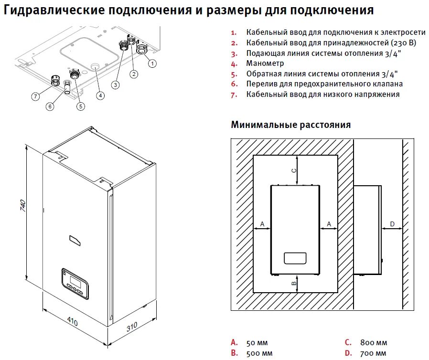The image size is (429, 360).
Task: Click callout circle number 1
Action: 152,63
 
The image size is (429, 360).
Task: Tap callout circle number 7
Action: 35,96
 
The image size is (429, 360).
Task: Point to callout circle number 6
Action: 50,106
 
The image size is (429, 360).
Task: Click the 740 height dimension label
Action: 22,206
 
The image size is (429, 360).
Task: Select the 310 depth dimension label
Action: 132,327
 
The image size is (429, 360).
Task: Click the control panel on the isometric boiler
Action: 75,283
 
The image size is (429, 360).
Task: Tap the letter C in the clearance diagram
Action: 294,170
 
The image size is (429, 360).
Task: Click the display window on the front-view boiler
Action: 295,258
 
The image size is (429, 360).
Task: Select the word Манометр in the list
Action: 265,63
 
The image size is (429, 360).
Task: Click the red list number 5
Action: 234,74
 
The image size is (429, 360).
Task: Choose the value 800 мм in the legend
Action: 374,342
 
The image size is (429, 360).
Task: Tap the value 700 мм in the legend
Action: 374,353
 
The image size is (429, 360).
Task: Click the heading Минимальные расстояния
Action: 290,125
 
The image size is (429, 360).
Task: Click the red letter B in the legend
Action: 234,353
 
